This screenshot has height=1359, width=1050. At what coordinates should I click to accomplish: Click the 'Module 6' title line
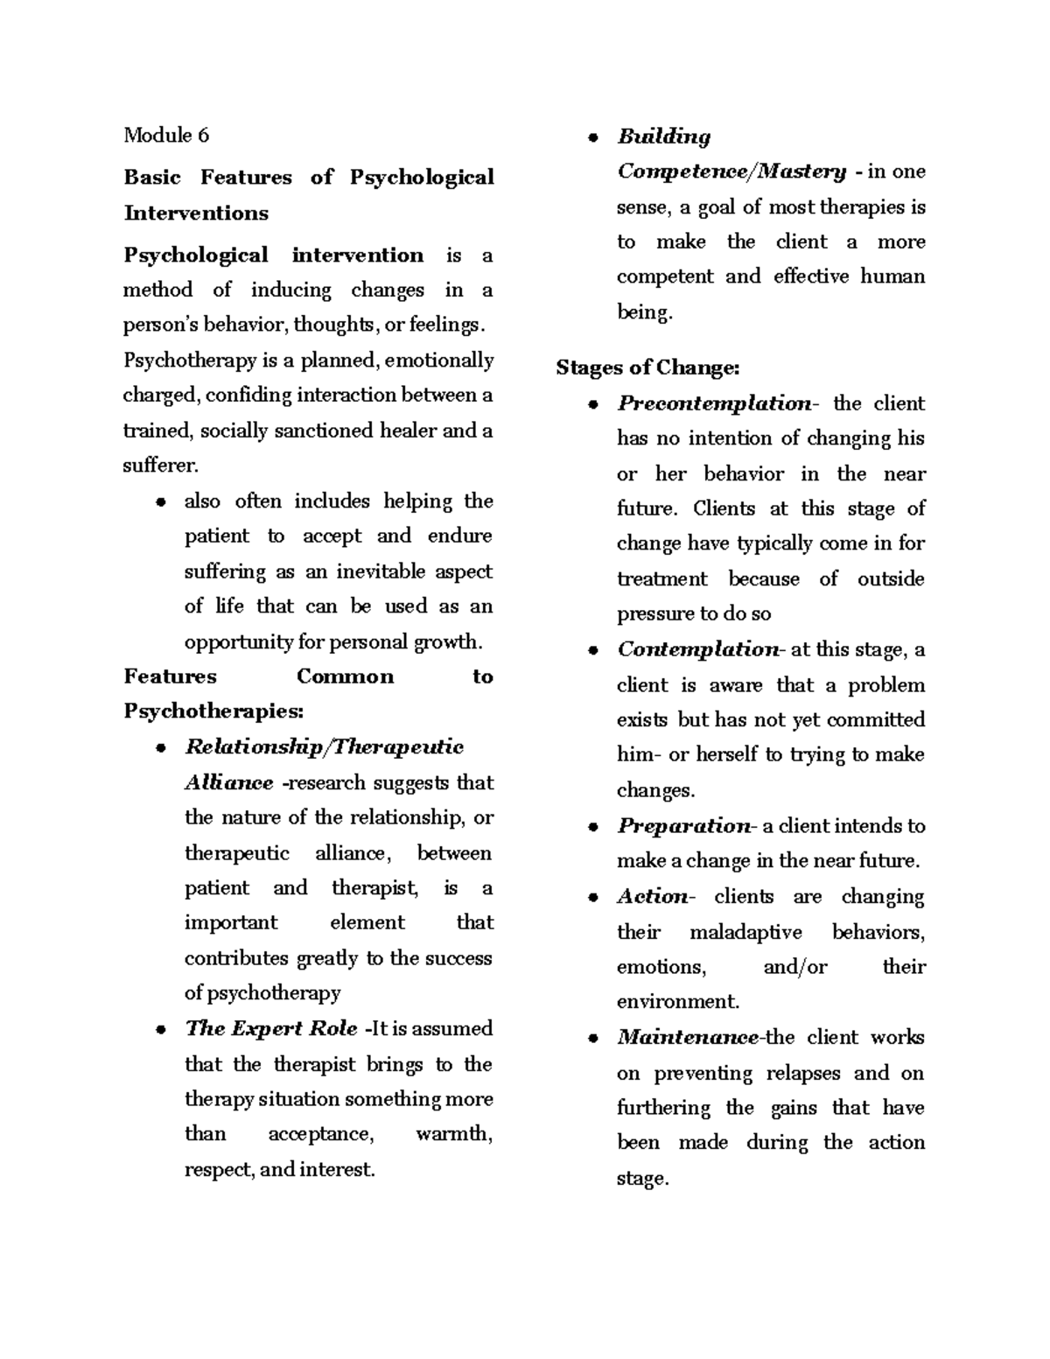[166, 135]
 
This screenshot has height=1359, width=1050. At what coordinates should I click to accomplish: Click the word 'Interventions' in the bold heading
[196, 213]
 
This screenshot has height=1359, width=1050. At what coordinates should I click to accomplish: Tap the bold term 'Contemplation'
[697, 649]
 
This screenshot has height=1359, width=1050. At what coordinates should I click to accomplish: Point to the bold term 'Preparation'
[683, 826]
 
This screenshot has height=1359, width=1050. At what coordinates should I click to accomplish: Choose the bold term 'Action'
[653, 896]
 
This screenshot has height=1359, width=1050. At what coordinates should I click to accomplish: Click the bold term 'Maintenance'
[688, 1038]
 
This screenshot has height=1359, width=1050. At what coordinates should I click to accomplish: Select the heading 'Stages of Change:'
[647, 368]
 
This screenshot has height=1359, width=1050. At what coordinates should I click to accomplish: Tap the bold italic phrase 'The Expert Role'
[271, 1028]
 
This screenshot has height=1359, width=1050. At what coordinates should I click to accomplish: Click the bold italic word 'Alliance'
[228, 782]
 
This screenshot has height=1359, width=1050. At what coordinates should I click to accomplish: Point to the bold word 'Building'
[664, 137]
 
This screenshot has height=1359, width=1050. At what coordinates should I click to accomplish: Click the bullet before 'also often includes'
[160, 502]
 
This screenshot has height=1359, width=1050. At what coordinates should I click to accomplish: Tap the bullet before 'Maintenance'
[593, 1040]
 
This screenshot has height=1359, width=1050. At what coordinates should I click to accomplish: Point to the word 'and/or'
[794, 967]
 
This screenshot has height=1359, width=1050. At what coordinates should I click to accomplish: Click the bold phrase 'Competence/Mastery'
[731, 172]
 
